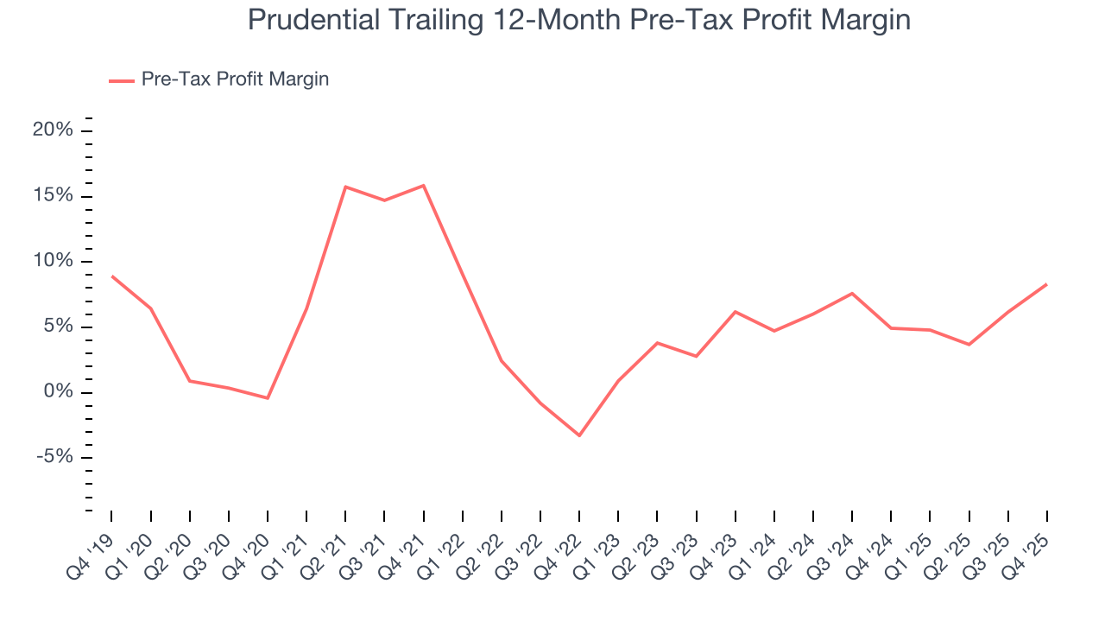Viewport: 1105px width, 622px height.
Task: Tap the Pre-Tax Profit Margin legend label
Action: [x=235, y=79]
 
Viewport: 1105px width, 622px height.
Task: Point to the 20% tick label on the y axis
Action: [x=54, y=130]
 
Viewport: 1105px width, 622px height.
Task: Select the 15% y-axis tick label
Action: [x=54, y=196]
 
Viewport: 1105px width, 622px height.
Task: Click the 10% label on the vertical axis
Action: [x=54, y=262]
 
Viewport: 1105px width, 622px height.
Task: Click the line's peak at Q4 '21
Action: [x=423, y=186]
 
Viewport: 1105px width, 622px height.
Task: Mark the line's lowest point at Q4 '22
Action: [x=579, y=435]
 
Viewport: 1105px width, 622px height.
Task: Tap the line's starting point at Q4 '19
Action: [x=112, y=276]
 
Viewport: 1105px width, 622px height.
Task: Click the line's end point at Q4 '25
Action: [x=1046, y=284]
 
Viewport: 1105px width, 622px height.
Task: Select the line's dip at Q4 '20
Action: [x=268, y=398]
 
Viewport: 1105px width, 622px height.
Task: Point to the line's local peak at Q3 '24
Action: [x=852, y=294]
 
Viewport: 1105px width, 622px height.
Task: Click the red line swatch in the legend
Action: [x=121, y=80]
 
